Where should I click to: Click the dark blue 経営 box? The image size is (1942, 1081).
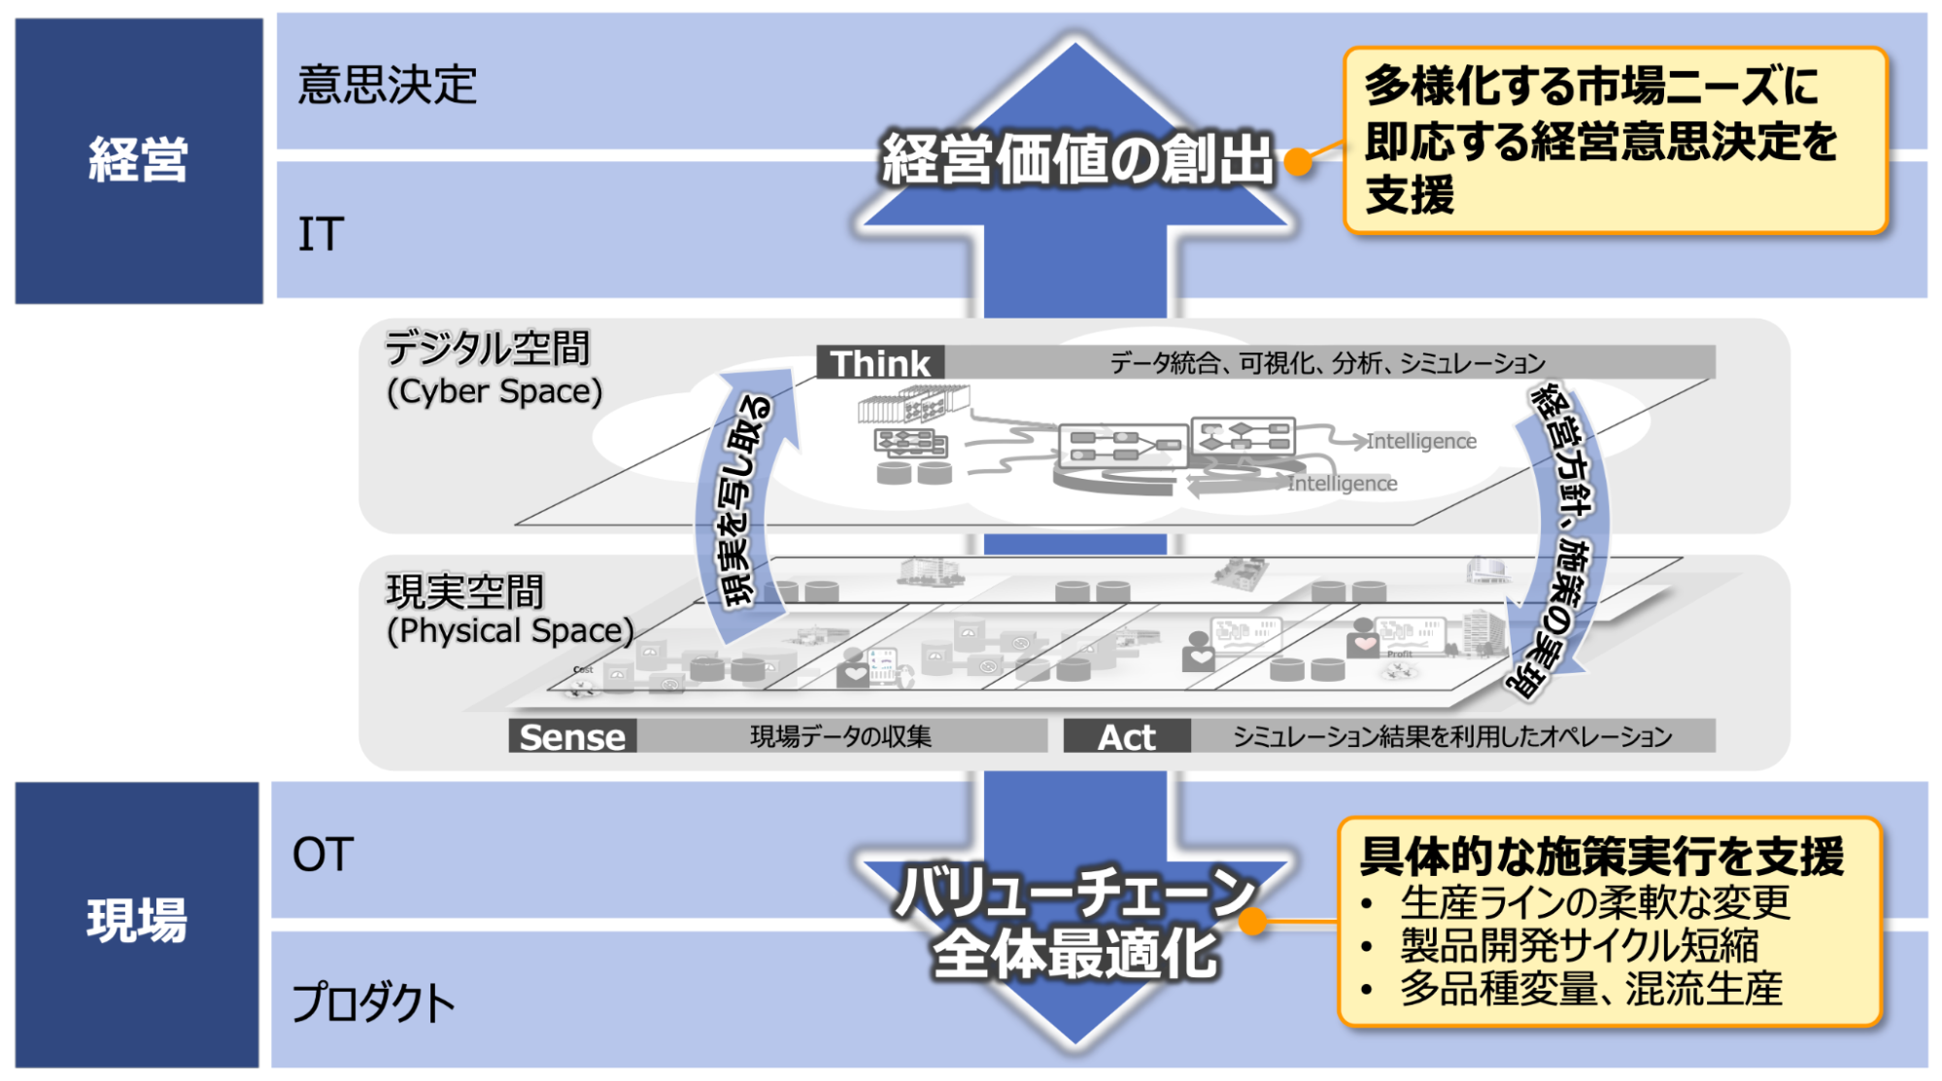pyautogui.click(x=138, y=160)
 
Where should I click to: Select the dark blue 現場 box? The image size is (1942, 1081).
pyautogui.click(x=137, y=923)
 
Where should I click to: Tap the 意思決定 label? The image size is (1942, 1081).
pyautogui.click(x=387, y=85)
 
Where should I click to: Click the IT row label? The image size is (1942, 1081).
pyautogui.click(x=321, y=235)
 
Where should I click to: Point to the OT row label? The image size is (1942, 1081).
pyautogui.click(x=323, y=856)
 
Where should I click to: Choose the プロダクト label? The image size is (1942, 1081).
pyautogui.click(x=374, y=1003)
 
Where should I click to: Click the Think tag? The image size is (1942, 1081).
pyautogui.click(x=880, y=363)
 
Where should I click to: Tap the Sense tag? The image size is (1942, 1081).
pyautogui.click(x=572, y=737)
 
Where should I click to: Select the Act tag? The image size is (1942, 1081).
pyautogui.click(x=1126, y=737)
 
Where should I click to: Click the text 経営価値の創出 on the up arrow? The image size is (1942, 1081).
pyautogui.click(x=1076, y=159)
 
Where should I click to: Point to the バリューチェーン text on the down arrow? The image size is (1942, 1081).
pyautogui.click(x=1074, y=892)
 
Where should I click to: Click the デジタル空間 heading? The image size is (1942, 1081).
pyautogui.click(x=488, y=349)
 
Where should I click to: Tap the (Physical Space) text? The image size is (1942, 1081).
pyautogui.click(x=510, y=631)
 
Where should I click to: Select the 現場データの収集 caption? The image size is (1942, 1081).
pyautogui.click(x=840, y=737)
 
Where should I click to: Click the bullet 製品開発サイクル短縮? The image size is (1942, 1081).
pyautogui.click(x=1579, y=945)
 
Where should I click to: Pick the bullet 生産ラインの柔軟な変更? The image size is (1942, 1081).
pyautogui.click(x=1594, y=902)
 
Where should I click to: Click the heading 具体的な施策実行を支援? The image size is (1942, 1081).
pyautogui.click(x=1601, y=857)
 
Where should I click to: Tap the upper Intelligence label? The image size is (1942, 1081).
pyautogui.click(x=1420, y=442)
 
